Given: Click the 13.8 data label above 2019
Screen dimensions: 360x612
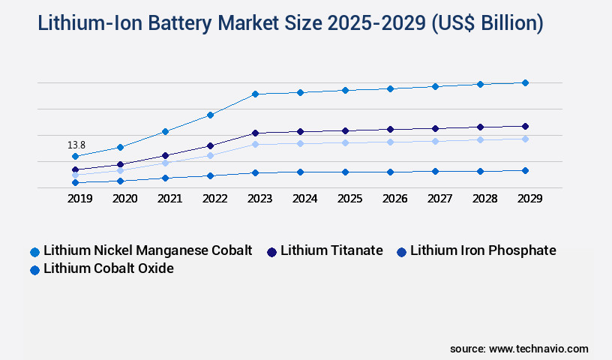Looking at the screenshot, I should pos(76,145).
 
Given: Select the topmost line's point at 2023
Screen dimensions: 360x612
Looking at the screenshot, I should pos(255,94).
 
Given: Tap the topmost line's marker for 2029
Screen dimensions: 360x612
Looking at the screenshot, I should pos(525,82).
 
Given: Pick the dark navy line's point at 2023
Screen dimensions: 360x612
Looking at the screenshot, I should pos(255,133).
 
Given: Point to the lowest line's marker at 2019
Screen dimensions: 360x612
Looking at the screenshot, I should pos(75,182).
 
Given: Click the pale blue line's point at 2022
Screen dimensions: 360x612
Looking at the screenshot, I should pos(210,155).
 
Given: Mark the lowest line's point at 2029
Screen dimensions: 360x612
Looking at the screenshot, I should pos(525,170).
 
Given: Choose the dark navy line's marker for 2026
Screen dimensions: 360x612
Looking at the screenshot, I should pos(390,129).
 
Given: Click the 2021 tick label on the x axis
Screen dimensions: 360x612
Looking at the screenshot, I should pos(169,199).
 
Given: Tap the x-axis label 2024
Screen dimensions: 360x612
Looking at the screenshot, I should pos(304,199).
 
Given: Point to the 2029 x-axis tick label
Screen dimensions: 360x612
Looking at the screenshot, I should pos(529,199).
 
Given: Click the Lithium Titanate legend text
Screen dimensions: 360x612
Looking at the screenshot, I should pos(331,250).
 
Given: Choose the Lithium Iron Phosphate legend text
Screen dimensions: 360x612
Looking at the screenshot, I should pos(483,250).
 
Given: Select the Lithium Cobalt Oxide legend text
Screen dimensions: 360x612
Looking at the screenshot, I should pos(109,268).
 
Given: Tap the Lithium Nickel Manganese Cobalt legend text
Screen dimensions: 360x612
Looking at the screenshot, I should pos(148,250).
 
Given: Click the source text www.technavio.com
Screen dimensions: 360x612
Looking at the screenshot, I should pos(538,349).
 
